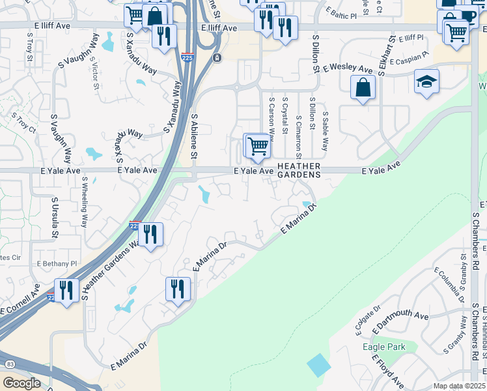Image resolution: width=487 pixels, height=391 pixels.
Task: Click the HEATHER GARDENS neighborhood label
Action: click(x=299, y=171)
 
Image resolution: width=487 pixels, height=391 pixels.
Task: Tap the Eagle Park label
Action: click(x=384, y=347)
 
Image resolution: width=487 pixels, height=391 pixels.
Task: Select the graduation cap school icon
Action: click(x=426, y=82)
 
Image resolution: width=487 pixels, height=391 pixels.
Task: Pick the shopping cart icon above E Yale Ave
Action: click(x=258, y=146)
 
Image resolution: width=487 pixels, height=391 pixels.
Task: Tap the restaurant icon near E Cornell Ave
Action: click(x=66, y=290)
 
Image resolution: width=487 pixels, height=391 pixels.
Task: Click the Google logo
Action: click(x=21, y=383)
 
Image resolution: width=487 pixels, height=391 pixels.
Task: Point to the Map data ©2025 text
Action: click(x=459, y=386)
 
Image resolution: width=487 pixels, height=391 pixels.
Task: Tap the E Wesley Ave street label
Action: click(x=351, y=68)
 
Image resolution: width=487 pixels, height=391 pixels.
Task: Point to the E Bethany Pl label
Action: click(x=57, y=264)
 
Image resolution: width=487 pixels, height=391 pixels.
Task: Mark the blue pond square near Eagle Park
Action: click(x=319, y=364)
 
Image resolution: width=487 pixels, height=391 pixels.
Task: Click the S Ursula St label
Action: click(x=55, y=217)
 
